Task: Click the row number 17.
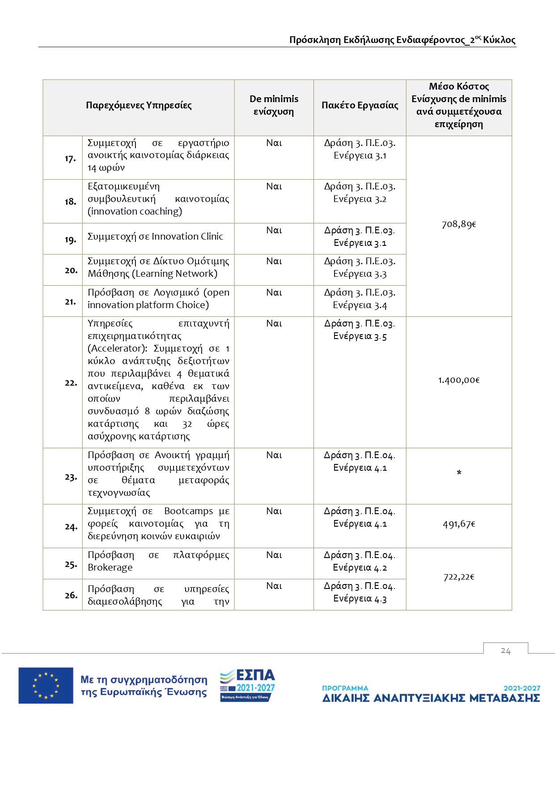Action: (70, 159)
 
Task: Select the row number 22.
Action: (71, 383)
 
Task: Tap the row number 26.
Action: (71, 595)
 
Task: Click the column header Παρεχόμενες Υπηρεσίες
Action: (139, 105)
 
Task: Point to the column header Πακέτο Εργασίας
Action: (360, 105)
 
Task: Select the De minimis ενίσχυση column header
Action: (274, 105)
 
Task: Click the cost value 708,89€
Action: (459, 224)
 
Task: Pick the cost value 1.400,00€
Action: (459, 380)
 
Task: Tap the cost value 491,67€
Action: (459, 524)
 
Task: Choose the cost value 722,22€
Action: (459, 577)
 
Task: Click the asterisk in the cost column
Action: (459, 473)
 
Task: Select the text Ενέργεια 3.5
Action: (360, 336)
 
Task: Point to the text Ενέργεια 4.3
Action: (360, 598)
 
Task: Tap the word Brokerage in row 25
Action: (110, 567)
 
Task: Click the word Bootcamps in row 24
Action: (188, 511)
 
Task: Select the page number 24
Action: (505, 651)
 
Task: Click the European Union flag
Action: (46, 685)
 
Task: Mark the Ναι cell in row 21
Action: (274, 292)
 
